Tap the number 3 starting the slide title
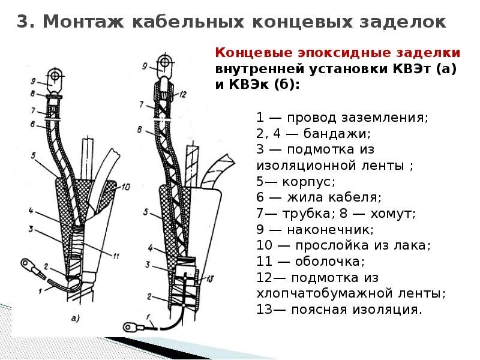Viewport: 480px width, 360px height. pos(22,22)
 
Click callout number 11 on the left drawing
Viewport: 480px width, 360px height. pos(116,256)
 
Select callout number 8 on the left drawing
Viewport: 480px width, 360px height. pos(34,94)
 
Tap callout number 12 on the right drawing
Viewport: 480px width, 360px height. pos(184,94)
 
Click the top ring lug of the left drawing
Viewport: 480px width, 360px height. pos(55,76)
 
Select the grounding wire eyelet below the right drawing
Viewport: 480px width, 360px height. pos(128,327)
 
